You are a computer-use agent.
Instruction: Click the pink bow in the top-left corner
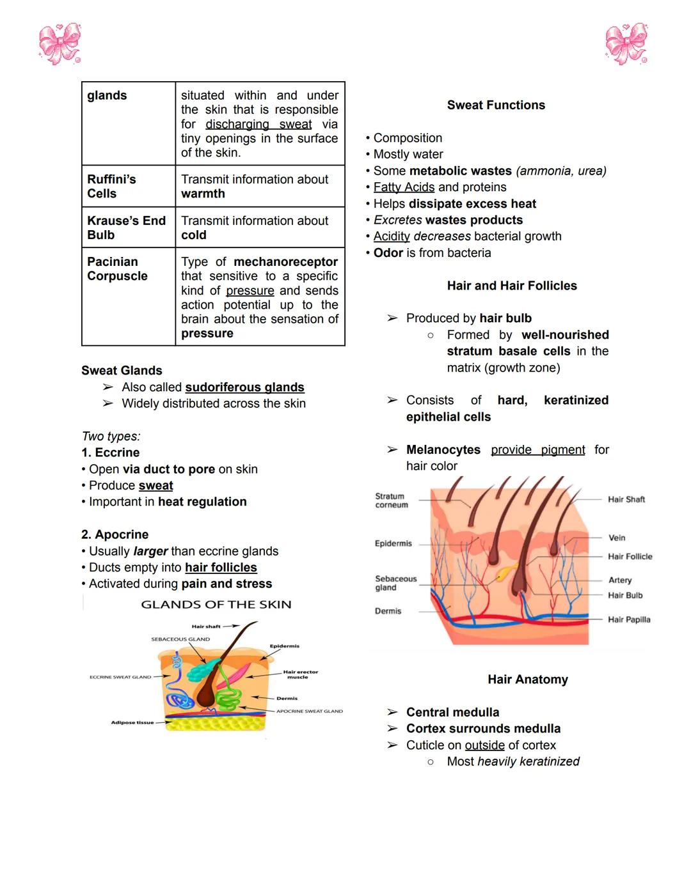[x=60, y=44]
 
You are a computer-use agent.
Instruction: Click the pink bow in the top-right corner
[x=626, y=44]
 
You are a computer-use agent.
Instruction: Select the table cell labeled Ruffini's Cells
[x=112, y=186]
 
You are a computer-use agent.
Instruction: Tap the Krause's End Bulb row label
[x=126, y=228]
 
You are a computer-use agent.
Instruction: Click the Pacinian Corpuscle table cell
[x=117, y=268]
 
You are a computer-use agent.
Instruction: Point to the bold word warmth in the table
[x=203, y=194]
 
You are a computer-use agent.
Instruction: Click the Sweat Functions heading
[x=496, y=105]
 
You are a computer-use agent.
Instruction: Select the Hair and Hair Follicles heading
[x=512, y=286]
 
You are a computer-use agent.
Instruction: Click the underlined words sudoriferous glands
[x=244, y=387]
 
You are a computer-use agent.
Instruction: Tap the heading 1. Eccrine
[x=110, y=453]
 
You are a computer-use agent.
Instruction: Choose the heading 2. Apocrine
[x=115, y=534]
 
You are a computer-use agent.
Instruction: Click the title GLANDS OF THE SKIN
[x=216, y=605]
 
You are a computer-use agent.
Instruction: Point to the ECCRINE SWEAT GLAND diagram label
[x=120, y=677]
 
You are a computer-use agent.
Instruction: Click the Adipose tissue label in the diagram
[x=132, y=722]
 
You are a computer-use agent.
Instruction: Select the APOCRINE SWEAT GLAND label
[x=309, y=711]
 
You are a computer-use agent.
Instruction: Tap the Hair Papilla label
[x=629, y=619]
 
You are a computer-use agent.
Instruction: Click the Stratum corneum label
[x=391, y=500]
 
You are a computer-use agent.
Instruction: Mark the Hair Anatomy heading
[x=527, y=679]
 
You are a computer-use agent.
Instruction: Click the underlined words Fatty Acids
[x=404, y=187]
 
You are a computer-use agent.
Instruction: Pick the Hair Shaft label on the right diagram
[x=626, y=499]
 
